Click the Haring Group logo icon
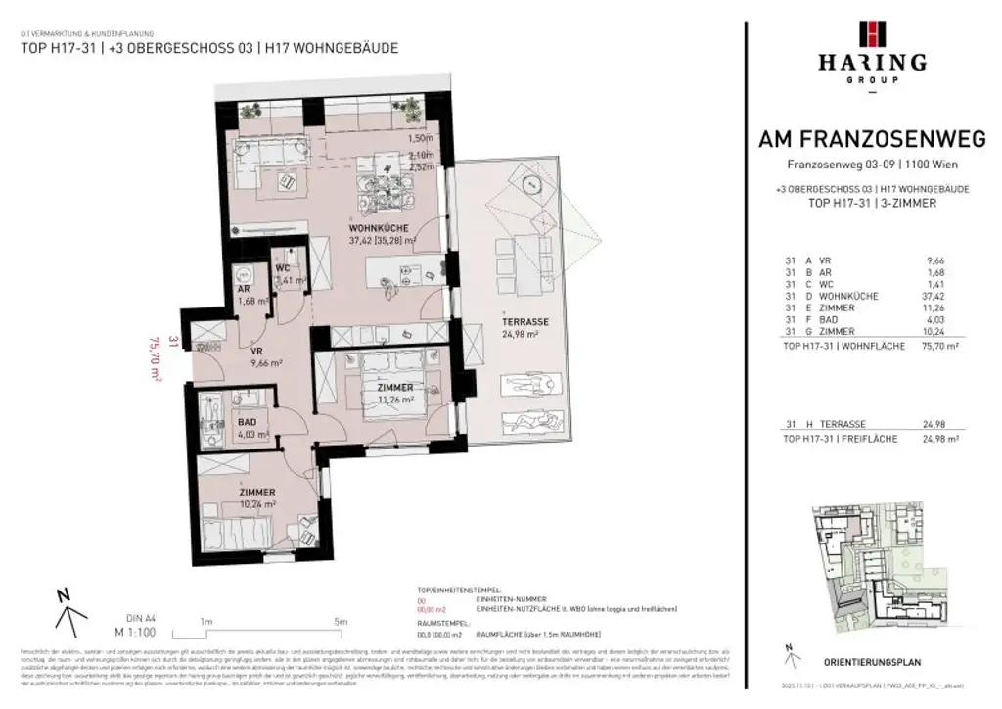[x=872, y=33]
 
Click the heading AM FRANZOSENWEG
[x=872, y=140]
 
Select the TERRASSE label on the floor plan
[x=524, y=321]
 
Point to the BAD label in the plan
[x=248, y=422]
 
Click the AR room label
[x=244, y=290]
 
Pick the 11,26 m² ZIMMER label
[x=395, y=388]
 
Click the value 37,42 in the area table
[x=938, y=296]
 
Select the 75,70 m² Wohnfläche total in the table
[x=934, y=346]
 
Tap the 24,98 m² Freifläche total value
[x=935, y=439]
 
